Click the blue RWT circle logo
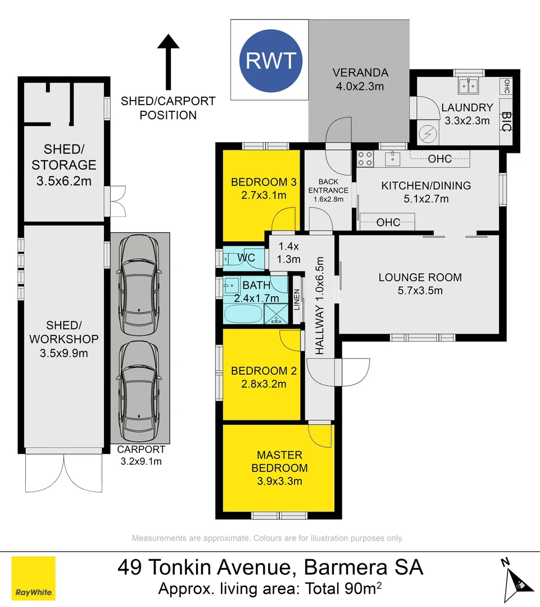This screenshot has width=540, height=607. coord(271,60)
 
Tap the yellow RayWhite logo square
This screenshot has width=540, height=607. coord(34,578)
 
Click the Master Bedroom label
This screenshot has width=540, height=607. coord(279,468)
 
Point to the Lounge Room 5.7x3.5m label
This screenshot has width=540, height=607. coord(420,283)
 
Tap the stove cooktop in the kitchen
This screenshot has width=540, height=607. coord(365,158)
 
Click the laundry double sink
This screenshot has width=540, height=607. coord(469,86)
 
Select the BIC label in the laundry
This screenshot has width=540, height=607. coord(506,122)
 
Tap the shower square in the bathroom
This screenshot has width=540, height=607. coord(276,314)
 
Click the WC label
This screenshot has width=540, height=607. coord(246,258)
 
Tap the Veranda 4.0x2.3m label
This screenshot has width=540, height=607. coord(360,79)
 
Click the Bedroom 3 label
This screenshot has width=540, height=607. coord(264,188)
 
